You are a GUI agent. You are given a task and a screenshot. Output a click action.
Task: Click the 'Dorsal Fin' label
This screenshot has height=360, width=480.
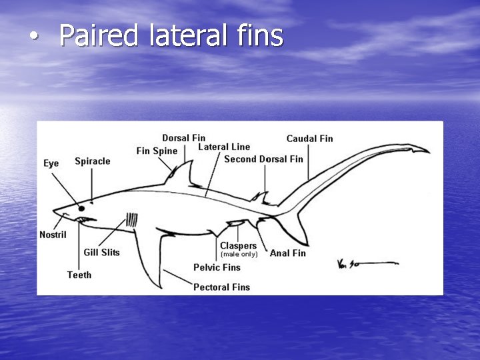pyautogui.click(x=183, y=138)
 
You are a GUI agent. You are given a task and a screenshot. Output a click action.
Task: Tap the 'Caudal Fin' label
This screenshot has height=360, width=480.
pyautogui.click(x=309, y=139)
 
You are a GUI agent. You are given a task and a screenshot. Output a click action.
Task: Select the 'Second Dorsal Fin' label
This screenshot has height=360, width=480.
pyautogui.click(x=263, y=159)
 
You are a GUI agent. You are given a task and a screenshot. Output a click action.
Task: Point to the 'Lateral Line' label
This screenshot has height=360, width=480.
pyautogui.click(x=224, y=147)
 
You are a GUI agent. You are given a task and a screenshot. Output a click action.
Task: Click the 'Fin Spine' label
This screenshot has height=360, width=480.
pyautogui.click(x=157, y=151)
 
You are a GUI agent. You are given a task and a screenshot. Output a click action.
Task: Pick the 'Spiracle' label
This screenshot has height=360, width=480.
pyautogui.click(x=93, y=161)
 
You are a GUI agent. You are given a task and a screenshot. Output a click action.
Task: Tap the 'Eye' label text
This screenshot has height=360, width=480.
pyautogui.click(x=51, y=163)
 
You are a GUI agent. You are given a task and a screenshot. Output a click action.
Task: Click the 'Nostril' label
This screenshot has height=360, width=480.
pyautogui.click(x=53, y=235)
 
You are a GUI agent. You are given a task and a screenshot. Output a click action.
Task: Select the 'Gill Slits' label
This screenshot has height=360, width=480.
pyautogui.click(x=101, y=253)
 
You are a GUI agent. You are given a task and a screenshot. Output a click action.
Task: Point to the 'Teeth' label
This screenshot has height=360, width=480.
pyautogui.click(x=79, y=275)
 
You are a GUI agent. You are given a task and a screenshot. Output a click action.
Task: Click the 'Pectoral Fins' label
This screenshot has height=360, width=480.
pyautogui.click(x=221, y=287)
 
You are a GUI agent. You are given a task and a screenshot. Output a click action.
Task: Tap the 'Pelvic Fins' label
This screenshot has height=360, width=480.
pyautogui.click(x=217, y=267)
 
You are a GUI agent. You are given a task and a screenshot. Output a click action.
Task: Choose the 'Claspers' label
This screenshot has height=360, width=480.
pyautogui.click(x=238, y=246)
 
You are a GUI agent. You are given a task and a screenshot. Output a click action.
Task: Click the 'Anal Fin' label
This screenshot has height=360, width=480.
pyautogui.click(x=287, y=253)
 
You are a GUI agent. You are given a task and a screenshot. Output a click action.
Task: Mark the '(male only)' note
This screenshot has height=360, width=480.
pyautogui.click(x=239, y=254)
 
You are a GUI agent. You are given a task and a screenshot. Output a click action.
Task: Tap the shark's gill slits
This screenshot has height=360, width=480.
pyautogui.click(x=132, y=219)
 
